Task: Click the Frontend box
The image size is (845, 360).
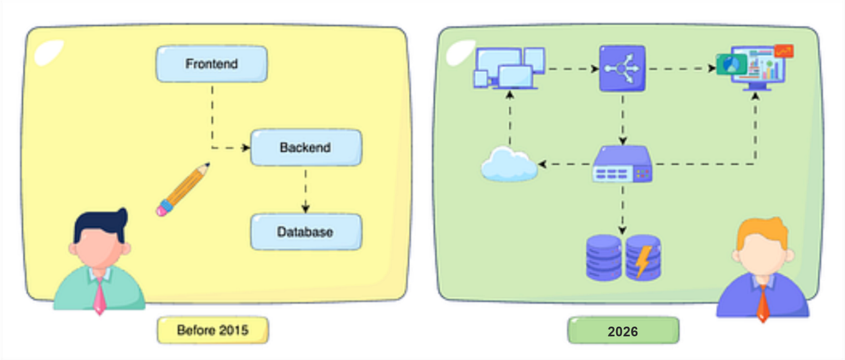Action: pyautogui.click(x=212, y=64)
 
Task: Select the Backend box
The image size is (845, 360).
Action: pyautogui.click(x=306, y=147)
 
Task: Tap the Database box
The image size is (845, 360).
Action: pyautogui.click(x=306, y=232)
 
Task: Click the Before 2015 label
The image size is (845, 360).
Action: pyautogui.click(x=213, y=330)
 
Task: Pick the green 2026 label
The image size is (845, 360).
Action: pyautogui.click(x=623, y=330)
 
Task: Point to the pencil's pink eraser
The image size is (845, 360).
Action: pyautogui.click(x=163, y=209)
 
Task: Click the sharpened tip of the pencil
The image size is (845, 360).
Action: pyautogui.click(x=208, y=165)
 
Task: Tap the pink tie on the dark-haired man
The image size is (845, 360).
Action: pyautogui.click(x=99, y=296)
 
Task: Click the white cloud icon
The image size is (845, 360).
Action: pyautogui.click(x=509, y=165)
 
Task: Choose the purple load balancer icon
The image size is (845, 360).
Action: pyautogui.click(x=622, y=68)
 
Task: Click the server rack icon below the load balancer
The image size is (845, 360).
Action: pyautogui.click(x=622, y=164)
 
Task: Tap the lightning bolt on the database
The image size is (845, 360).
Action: pyautogui.click(x=643, y=261)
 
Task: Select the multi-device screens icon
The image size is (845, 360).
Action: pyautogui.click(x=509, y=68)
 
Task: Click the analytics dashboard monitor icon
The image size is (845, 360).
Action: pyautogui.click(x=754, y=68)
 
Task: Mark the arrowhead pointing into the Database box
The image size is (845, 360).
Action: pyautogui.click(x=306, y=209)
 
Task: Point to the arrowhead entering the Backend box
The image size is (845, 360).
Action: pyautogui.click(x=246, y=147)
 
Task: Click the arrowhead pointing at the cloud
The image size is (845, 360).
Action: pyautogui.click(x=542, y=164)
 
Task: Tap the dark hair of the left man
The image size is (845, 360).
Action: pyautogui.click(x=100, y=223)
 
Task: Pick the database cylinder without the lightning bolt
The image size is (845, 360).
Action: pyautogui.click(x=603, y=258)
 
